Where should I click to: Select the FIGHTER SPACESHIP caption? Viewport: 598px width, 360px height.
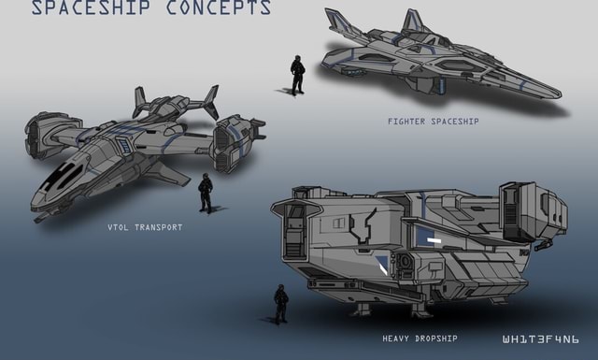pos(433,122)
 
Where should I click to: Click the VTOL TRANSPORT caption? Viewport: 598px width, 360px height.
pos(145,227)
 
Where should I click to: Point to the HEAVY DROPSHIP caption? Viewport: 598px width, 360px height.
pos(420,338)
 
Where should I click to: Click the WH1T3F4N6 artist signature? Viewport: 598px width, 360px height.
pos(540,337)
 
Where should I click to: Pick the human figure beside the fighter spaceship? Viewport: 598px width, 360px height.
pos(297,75)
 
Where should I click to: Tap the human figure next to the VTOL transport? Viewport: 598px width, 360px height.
pos(206,194)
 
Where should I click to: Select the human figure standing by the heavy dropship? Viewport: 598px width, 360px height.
pos(280,304)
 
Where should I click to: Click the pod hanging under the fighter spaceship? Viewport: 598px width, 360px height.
pos(426,85)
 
